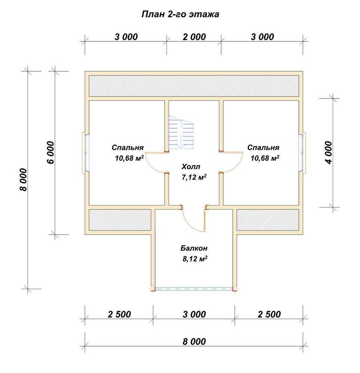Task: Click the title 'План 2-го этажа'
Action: click(180, 14)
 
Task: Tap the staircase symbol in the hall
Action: click(181, 132)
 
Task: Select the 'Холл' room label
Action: click(191, 166)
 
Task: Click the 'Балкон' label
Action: click(194, 248)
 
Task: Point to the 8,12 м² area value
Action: click(195, 258)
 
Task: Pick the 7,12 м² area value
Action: click(194, 177)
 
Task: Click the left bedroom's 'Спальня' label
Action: click(128, 148)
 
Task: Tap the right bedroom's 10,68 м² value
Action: click(265, 158)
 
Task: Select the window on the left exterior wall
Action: click(86, 153)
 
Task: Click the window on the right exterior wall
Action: click(302, 153)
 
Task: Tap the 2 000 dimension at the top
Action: click(194, 37)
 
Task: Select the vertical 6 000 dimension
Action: click(51, 153)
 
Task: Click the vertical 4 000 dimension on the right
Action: click(328, 153)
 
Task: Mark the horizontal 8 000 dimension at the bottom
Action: click(194, 342)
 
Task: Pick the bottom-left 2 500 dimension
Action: click(119, 314)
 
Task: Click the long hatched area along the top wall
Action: click(194, 86)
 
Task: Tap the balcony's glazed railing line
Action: click(194, 289)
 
